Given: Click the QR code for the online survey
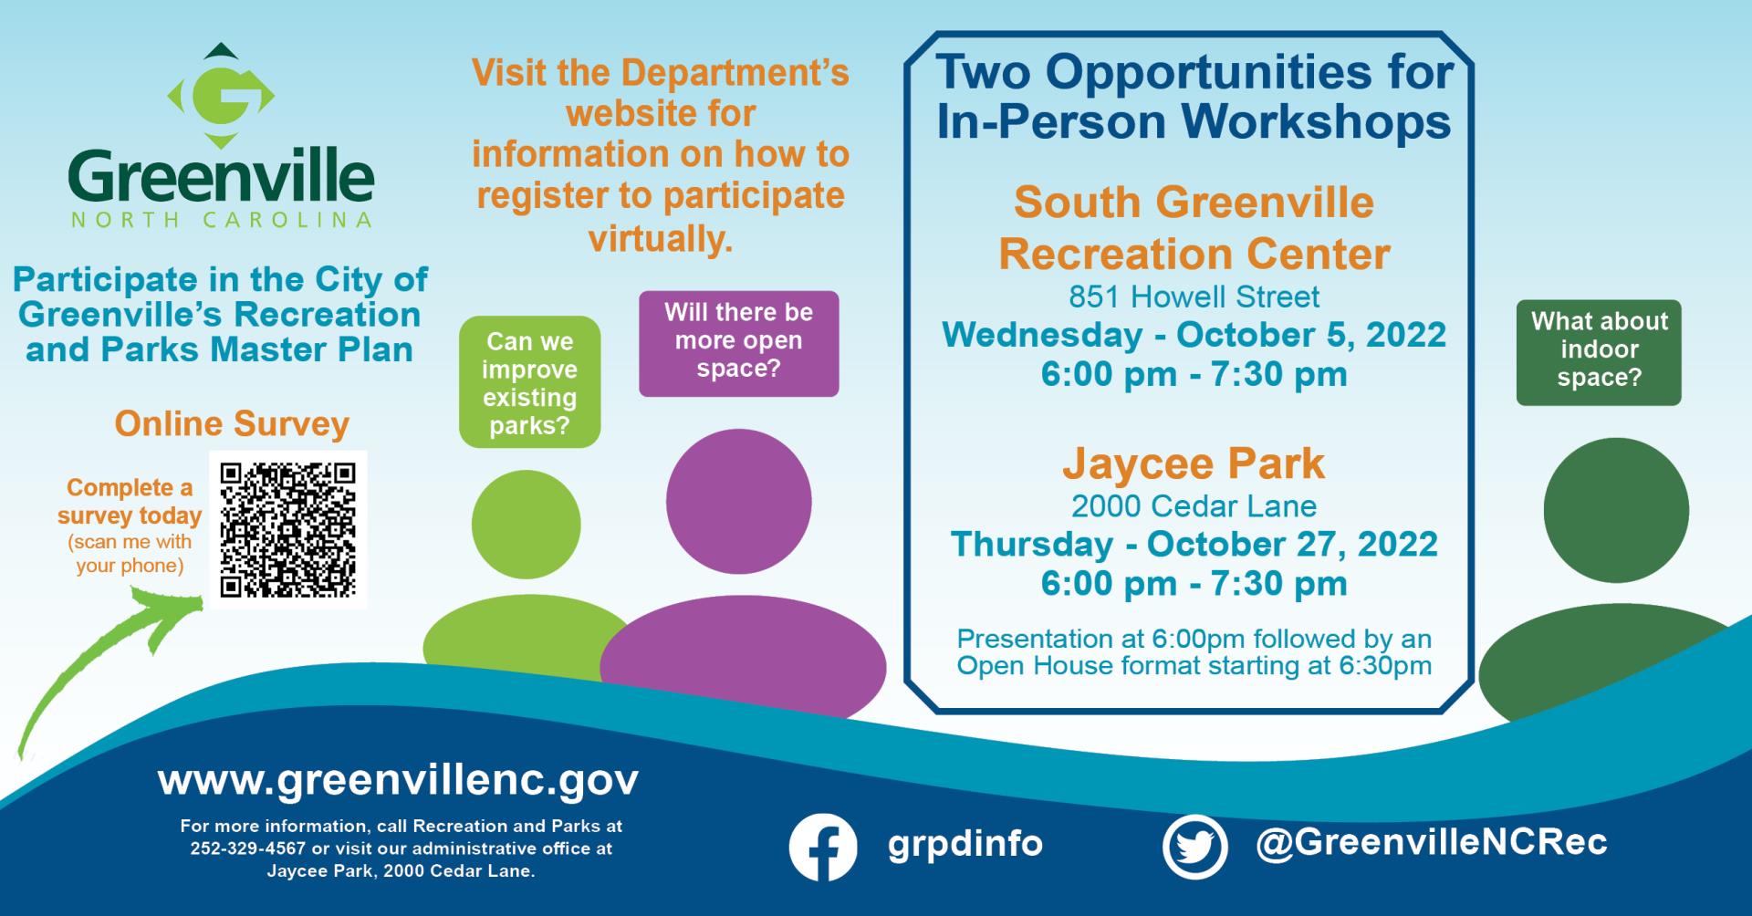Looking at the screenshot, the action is [x=287, y=529].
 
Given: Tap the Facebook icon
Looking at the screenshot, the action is [x=823, y=847].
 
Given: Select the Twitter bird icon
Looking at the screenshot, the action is [x=1194, y=846].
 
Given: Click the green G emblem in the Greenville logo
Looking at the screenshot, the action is [x=221, y=96].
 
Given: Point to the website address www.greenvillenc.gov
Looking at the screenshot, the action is [x=398, y=781].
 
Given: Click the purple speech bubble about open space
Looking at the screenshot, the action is [x=738, y=343].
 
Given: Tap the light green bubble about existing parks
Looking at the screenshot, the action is [x=529, y=381].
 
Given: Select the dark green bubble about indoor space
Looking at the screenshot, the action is [x=1599, y=352].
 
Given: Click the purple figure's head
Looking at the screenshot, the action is [x=738, y=501].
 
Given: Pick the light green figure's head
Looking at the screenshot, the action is [x=526, y=525].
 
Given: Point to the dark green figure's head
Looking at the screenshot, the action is [x=1616, y=510].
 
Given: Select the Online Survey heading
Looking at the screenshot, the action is [x=232, y=423].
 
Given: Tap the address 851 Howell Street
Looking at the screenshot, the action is [x=1194, y=297].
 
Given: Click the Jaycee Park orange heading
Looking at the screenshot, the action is [x=1194, y=463].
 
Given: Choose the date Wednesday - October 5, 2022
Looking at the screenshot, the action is [x=1194, y=334].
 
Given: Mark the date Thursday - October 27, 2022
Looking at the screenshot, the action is [x=1194, y=544].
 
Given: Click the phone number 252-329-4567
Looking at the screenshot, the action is [x=248, y=848].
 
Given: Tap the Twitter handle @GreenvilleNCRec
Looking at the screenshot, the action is [x=1431, y=842].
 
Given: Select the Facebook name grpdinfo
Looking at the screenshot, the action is [x=965, y=844].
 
